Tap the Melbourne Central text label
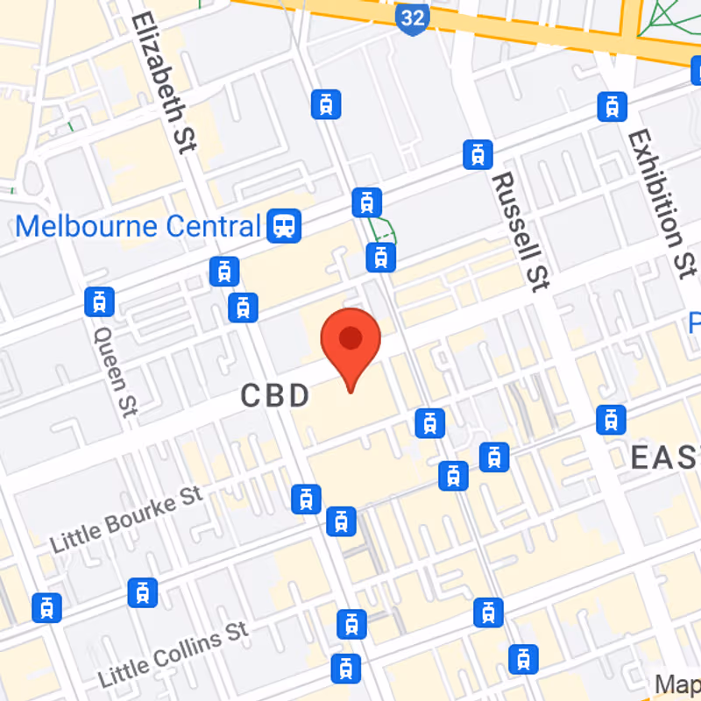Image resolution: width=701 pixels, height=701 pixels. [x=138, y=226]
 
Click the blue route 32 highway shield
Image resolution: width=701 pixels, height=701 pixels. [x=411, y=18]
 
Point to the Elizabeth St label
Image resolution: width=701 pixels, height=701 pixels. [x=163, y=83]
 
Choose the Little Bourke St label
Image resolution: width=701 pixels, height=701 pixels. [x=126, y=519]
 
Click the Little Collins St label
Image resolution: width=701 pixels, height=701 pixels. [x=173, y=654]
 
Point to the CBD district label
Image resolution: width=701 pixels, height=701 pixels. [x=275, y=396]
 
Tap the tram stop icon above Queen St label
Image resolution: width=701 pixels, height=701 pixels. [x=99, y=301]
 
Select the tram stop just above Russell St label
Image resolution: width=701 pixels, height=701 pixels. [x=478, y=154]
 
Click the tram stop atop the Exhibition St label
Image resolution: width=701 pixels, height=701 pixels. [x=612, y=107]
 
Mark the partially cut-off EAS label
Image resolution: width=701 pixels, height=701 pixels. [x=665, y=457]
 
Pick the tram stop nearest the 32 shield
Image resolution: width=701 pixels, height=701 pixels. [x=326, y=104]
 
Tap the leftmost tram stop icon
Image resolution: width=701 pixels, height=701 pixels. [x=46, y=607]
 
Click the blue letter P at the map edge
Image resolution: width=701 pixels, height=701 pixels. [x=694, y=322]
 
